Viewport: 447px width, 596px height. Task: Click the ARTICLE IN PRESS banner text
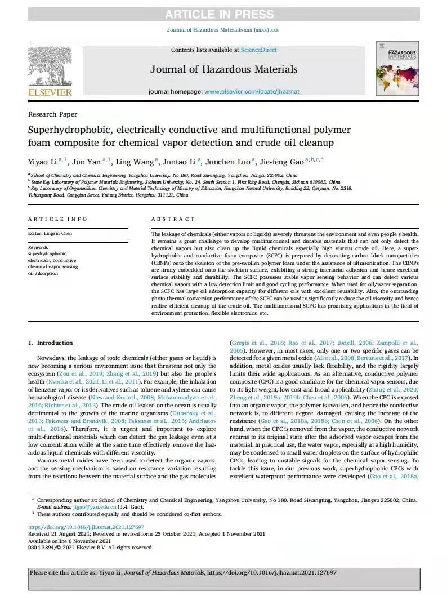(223, 14)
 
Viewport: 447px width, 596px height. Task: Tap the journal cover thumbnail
(397, 68)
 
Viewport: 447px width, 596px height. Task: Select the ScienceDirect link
(258, 50)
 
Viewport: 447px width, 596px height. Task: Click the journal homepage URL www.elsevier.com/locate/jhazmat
(252, 91)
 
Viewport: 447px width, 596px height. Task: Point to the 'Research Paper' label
(52, 114)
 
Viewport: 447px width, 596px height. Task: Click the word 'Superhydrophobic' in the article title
(68, 130)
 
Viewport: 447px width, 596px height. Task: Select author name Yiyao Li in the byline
(42, 162)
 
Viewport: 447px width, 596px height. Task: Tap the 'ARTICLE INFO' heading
(57, 219)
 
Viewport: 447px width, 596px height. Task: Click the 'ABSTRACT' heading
(173, 219)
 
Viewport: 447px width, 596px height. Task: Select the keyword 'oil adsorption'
(43, 274)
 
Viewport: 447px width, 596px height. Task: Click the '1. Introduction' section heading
(51, 343)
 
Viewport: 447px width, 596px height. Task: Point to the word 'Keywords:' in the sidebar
(38, 247)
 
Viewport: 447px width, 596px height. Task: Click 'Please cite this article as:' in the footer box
(63, 572)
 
